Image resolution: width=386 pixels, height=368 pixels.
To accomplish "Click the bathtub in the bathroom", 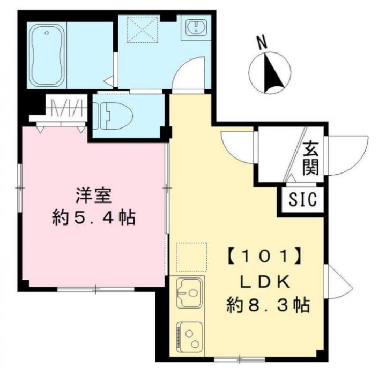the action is tap(47, 56).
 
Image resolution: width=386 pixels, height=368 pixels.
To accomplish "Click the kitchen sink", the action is tap(189, 293).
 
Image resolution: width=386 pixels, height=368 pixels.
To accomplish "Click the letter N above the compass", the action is tap(262, 42).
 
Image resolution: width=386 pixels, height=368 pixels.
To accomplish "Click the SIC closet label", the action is tap(302, 199).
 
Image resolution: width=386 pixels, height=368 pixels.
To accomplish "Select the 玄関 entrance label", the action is tap(310, 159).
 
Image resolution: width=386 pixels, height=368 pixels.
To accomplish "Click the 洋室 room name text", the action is tap(93, 195).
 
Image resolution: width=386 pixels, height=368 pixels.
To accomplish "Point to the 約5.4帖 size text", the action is tap(93, 217).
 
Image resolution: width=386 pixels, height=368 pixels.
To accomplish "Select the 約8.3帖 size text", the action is tap(268, 305).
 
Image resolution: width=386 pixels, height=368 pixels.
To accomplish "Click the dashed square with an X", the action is tap(143, 29).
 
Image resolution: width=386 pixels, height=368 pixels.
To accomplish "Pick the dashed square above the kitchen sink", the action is tap(191, 257).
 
